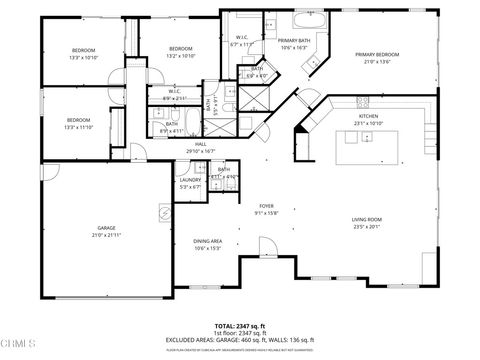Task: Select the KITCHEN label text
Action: [x=368, y=116]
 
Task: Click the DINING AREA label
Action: [x=208, y=241]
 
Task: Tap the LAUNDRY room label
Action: [x=190, y=180]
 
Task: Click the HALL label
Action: [x=201, y=144]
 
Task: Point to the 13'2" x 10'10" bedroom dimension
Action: [x=181, y=56]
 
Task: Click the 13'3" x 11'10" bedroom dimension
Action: [x=82, y=127]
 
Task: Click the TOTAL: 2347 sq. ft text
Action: [x=239, y=326]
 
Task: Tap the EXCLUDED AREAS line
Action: [x=239, y=339]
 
